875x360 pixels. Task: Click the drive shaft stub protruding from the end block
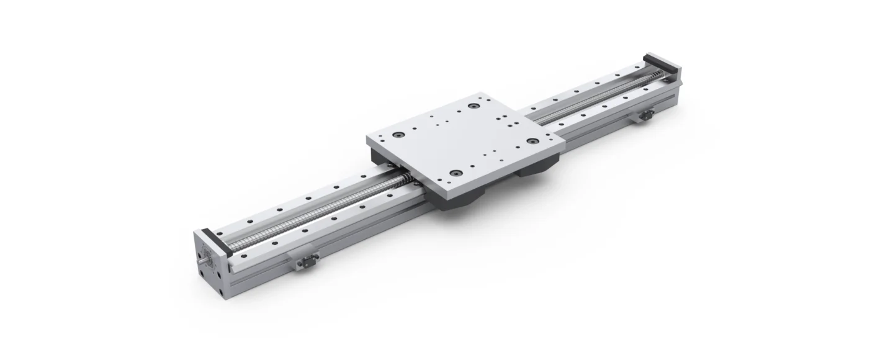pyautogui.click(x=203, y=261)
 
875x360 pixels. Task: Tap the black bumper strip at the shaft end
pyautogui.click(x=214, y=243)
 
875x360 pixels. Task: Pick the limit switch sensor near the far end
pyautogui.click(x=646, y=114)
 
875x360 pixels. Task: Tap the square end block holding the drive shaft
pyautogui.click(x=211, y=261)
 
